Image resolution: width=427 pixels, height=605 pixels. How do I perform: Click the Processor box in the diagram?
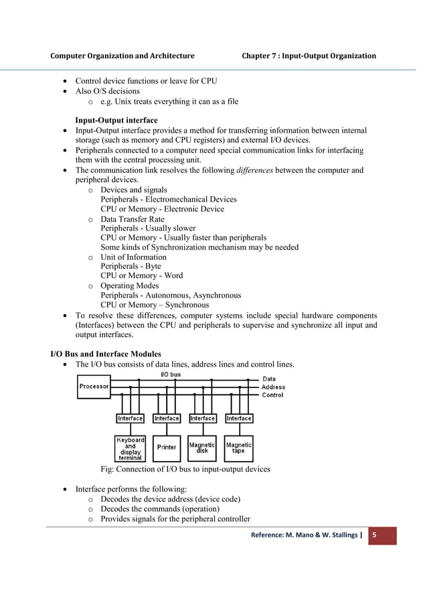click(94, 387)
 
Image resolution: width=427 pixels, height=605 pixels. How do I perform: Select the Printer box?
click(167, 447)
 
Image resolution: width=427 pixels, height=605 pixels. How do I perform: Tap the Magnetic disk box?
click(203, 447)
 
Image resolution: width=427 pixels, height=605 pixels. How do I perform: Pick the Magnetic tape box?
click(239, 447)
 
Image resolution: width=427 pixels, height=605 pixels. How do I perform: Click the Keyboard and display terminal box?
click(130, 448)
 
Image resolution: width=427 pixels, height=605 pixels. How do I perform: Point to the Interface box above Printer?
click(167, 418)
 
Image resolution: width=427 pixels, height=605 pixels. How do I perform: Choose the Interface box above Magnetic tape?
click(239, 418)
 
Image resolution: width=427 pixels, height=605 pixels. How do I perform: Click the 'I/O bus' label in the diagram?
click(170, 374)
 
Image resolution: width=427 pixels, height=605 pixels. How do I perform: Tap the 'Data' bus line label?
click(269, 379)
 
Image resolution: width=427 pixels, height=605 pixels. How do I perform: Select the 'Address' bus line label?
click(273, 387)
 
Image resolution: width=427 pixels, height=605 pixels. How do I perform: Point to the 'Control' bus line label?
click(272, 395)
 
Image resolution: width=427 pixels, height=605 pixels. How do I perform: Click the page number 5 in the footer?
click(375, 535)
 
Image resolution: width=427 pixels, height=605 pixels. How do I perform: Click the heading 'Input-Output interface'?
click(116, 120)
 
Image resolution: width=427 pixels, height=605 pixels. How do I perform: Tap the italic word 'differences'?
click(254, 170)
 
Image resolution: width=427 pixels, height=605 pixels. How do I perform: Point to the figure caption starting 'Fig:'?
click(185, 469)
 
